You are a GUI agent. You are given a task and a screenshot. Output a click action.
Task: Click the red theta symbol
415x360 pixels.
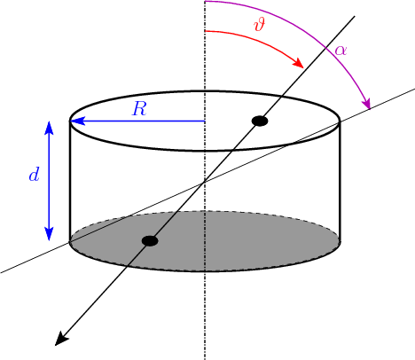point(260,24)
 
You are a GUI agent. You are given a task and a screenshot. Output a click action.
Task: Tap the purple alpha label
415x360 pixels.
point(341,51)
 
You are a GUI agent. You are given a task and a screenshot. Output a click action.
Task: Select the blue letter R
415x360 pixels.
point(139,108)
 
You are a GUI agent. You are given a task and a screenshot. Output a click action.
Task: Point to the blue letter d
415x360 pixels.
point(34,175)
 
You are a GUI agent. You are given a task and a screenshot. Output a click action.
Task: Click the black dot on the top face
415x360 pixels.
point(260,121)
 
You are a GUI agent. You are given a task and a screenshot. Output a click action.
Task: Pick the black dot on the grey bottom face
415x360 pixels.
point(150,241)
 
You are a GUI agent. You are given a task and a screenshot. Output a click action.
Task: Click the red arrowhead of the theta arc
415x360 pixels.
point(298,62)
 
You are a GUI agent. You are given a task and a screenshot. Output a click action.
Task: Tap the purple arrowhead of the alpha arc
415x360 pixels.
point(366,104)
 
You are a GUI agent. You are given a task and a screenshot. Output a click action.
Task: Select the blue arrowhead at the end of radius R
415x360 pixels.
point(77,121)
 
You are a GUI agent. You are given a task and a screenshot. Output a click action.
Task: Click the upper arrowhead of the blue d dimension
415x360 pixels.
point(49,128)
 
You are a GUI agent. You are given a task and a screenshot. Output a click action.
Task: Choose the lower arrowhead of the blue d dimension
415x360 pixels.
point(49,233)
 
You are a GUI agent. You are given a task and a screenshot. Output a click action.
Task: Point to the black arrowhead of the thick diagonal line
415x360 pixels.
point(61,339)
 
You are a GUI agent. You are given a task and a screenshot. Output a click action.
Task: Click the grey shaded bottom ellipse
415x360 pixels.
point(205,241)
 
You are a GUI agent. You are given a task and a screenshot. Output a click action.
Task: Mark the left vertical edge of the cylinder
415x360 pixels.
point(70,181)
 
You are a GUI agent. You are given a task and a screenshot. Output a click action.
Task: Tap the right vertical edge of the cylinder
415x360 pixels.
point(341,181)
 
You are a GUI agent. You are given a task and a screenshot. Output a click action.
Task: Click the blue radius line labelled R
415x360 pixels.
point(137,121)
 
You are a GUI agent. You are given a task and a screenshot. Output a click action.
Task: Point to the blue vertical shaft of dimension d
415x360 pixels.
point(49,181)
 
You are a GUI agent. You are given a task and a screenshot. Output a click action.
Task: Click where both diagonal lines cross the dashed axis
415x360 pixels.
point(205,182)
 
